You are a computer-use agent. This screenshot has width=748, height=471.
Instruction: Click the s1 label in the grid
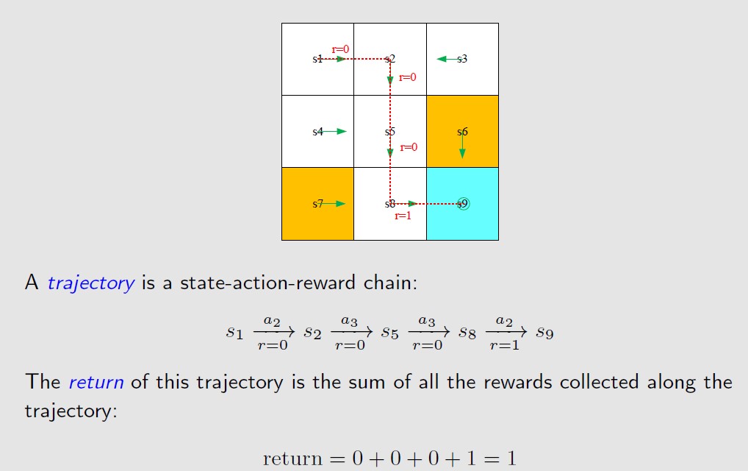(x=317, y=59)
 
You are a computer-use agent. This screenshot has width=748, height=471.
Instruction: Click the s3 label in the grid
(x=462, y=59)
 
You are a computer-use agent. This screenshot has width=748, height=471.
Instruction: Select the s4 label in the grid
(x=317, y=132)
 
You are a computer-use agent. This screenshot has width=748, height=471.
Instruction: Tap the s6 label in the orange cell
(x=462, y=132)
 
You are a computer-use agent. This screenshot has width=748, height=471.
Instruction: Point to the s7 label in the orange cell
(x=317, y=204)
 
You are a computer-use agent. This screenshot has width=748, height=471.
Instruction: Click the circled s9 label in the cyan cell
(x=462, y=204)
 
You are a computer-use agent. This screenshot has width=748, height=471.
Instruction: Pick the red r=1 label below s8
(x=403, y=216)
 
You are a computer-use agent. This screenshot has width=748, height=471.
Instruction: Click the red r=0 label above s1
(x=340, y=49)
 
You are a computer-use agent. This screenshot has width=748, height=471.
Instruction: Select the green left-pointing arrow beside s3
(x=445, y=59)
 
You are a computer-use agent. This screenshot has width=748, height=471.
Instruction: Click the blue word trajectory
(x=91, y=283)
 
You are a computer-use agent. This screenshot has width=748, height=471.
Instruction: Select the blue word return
(x=96, y=382)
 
